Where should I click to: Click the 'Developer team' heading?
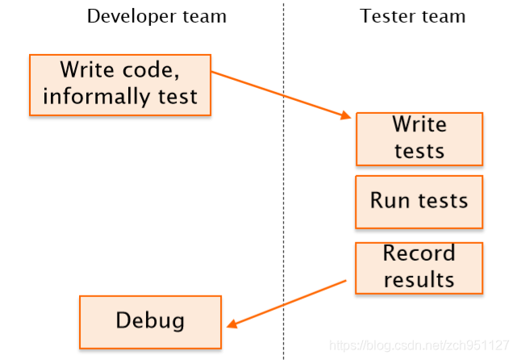click(x=156, y=16)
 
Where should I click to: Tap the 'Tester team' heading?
click(x=412, y=16)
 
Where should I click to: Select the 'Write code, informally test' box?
click(x=120, y=85)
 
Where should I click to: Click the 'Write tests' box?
click(x=419, y=139)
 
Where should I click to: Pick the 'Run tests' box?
click(x=419, y=202)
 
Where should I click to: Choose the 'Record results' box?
click(x=419, y=268)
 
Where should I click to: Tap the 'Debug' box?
click(x=150, y=322)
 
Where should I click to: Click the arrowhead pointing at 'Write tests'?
click(x=345, y=115)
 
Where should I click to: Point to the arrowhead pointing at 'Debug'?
click(x=232, y=324)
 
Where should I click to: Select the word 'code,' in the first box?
click(x=151, y=70)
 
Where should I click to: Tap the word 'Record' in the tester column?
click(x=419, y=253)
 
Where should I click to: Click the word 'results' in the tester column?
click(x=419, y=280)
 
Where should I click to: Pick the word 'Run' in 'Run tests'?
click(x=390, y=200)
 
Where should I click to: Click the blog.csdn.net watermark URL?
click(x=419, y=345)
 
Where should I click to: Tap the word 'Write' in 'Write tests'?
click(x=419, y=124)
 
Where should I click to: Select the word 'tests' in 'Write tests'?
click(x=419, y=151)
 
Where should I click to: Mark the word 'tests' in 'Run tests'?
click(x=443, y=200)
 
